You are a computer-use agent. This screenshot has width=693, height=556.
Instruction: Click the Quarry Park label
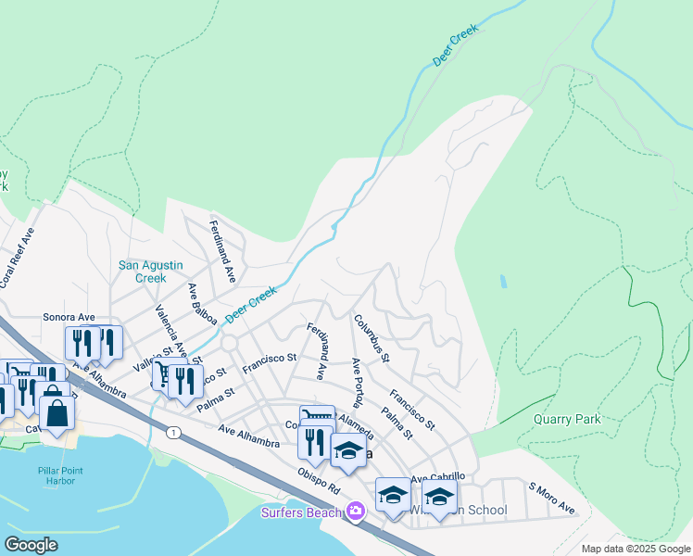click(x=567, y=419)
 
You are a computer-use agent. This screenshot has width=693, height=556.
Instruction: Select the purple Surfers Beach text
click(x=302, y=512)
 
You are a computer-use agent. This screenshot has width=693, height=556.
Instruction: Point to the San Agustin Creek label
click(x=143, y=272)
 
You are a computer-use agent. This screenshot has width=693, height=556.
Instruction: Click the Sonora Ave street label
click(x=69, y=317)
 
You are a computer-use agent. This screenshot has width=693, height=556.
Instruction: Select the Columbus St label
click(x=372, y=338)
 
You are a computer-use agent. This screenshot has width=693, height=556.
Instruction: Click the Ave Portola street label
click(x=357, y=381)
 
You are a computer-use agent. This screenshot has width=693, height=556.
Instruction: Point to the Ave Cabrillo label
click(x=436, y=477)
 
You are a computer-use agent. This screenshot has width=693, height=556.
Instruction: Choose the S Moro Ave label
click(x=552, y=499)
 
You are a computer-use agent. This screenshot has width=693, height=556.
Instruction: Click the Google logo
click(x=31, y=544)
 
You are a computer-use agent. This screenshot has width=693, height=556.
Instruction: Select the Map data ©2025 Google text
click(x=635, y=549)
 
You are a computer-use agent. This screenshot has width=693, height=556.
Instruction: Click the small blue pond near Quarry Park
click(x=503, y=280)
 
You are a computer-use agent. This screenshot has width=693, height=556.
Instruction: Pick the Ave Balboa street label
click(x=203, y=305)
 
